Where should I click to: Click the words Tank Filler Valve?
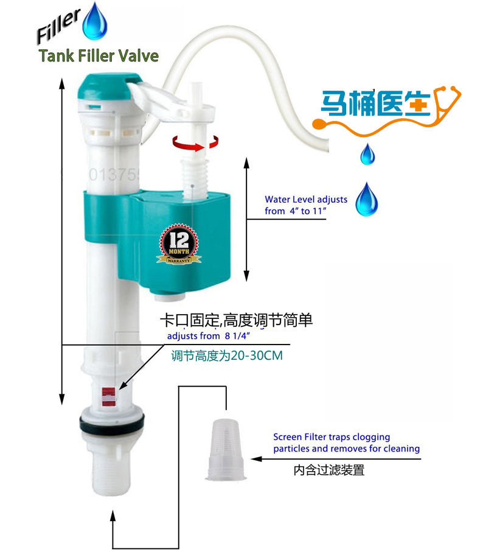[99, 57]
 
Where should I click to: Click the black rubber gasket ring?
[111, 420]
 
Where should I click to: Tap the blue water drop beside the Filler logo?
[94, 21]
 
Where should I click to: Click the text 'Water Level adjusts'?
[306, 199]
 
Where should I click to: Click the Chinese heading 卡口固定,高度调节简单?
[235, 320]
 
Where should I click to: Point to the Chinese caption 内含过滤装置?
[328, 470]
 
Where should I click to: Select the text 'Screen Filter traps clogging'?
[332, 437]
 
